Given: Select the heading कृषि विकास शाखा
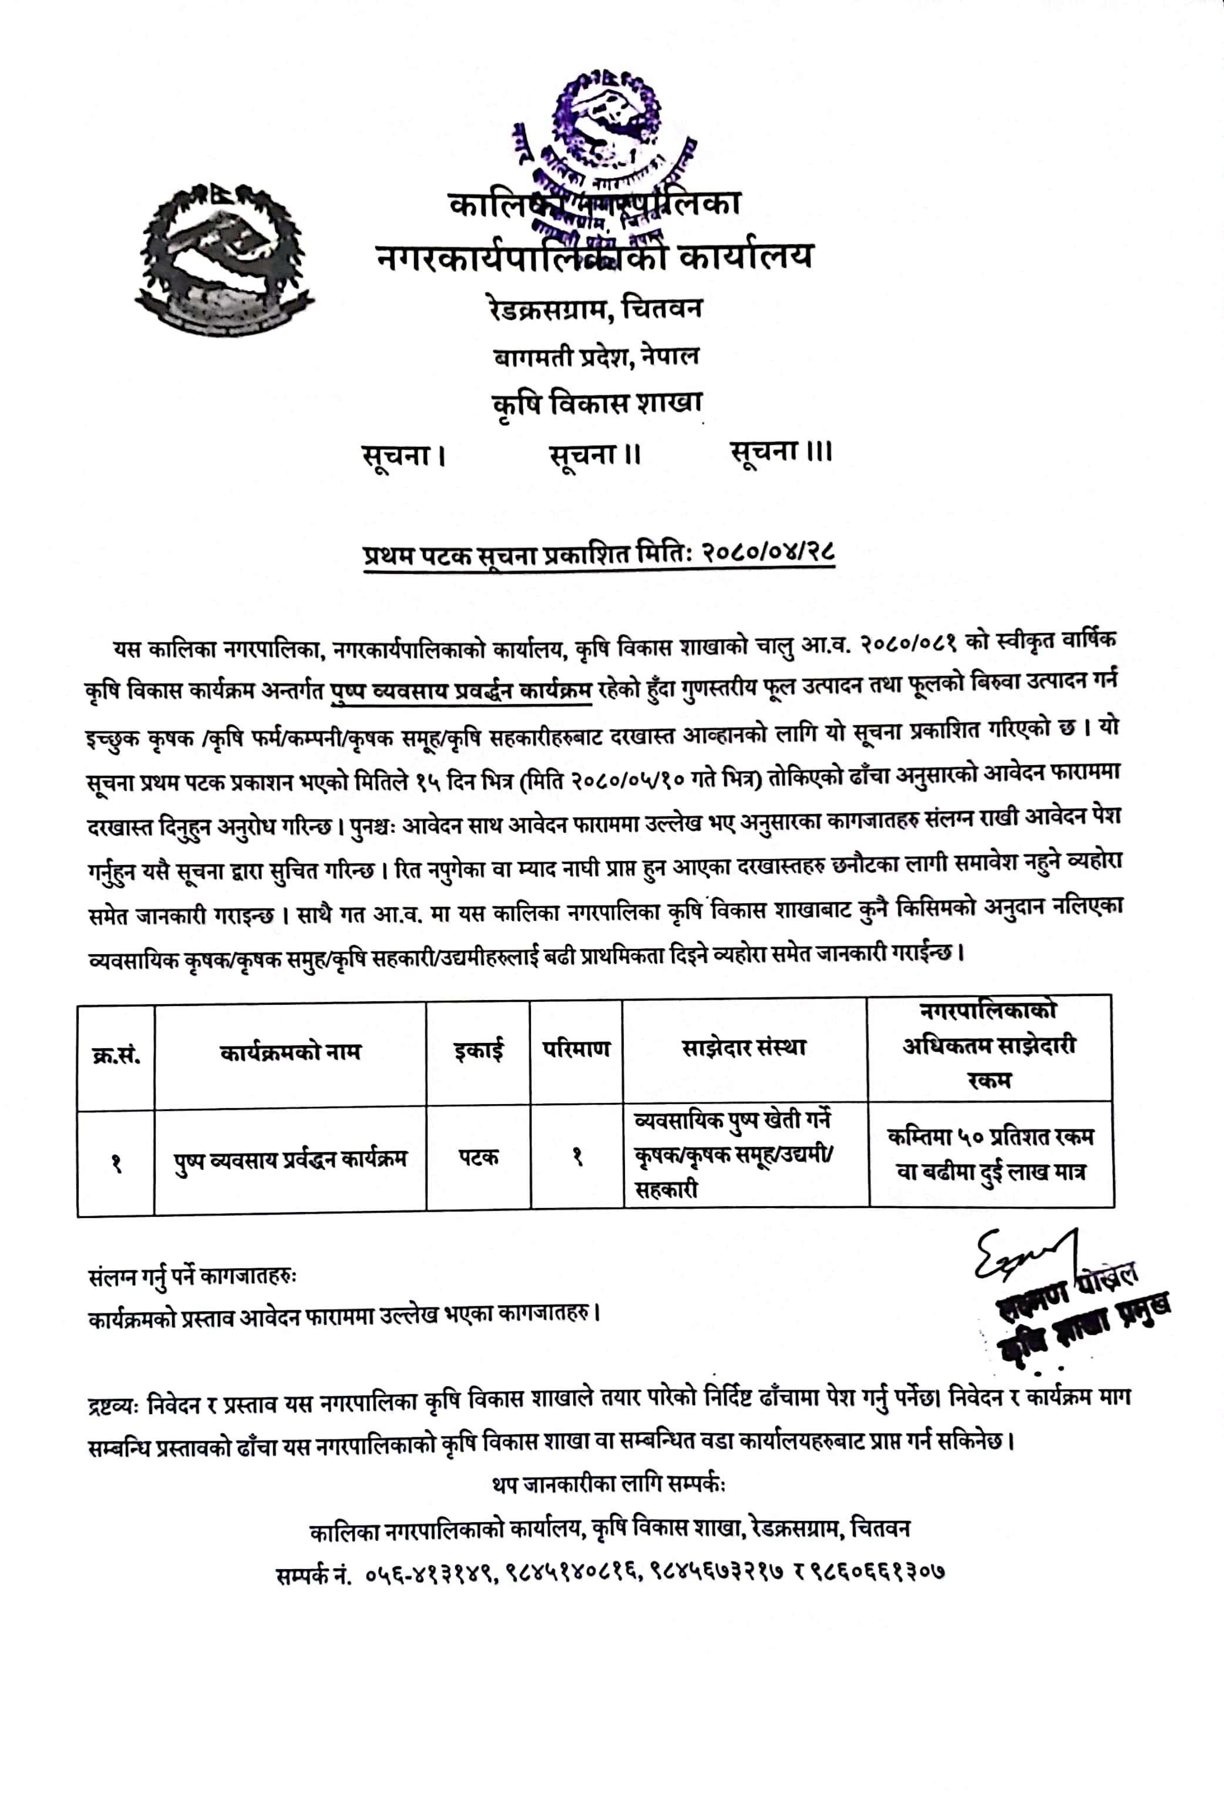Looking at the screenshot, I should click(x=597, y=403).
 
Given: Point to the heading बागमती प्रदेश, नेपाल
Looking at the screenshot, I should click(x=596, y=356).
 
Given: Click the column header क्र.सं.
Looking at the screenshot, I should click(x=116, y=1055).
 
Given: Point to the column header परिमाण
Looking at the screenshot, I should click(x=576, y=1049).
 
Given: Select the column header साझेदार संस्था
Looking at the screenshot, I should click(x=744, y=1048).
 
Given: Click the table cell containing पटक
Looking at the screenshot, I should click(x=479, y=1157).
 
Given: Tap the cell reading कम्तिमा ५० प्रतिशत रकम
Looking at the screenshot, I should click(x=990, y=1138).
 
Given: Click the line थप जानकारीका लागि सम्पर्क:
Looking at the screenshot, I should click(x=608, y=1485).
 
